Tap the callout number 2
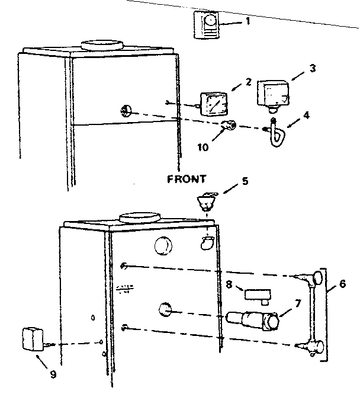point(233,82)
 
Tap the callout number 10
point(203,148)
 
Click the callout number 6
point(343,284)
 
